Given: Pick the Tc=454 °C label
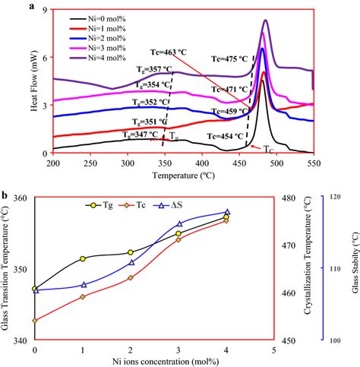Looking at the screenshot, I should click(228, 136).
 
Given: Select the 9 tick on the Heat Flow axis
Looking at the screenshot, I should click(44, 10).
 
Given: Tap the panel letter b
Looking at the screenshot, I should click(6, 195).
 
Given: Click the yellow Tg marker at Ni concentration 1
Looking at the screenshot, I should click(82, 258).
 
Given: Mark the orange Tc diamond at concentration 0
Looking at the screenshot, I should click(35, 320).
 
